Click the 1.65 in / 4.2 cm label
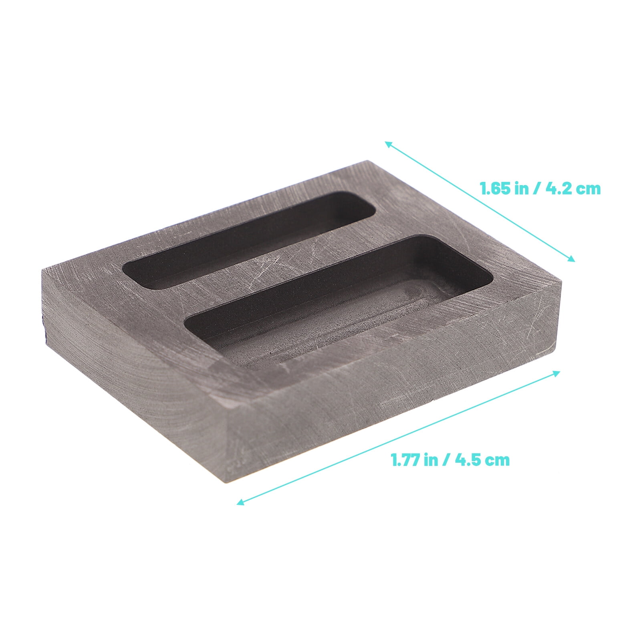(540, 189)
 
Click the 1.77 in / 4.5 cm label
(450, 460)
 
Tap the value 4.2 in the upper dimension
(558, 189)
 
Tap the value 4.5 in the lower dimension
(467, 460)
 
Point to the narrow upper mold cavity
(248, 240)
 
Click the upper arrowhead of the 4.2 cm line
(387, 143)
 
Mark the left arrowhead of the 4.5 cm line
(239, 503)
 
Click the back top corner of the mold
(367, 162)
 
